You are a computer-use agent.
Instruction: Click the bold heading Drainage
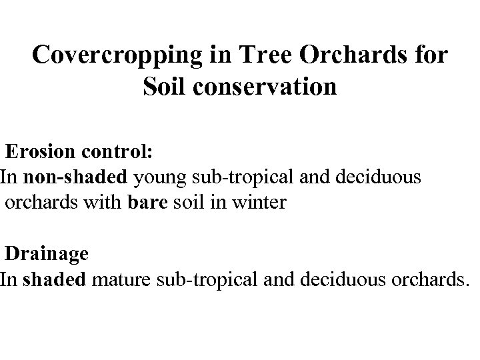click(x=46, y=253)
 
